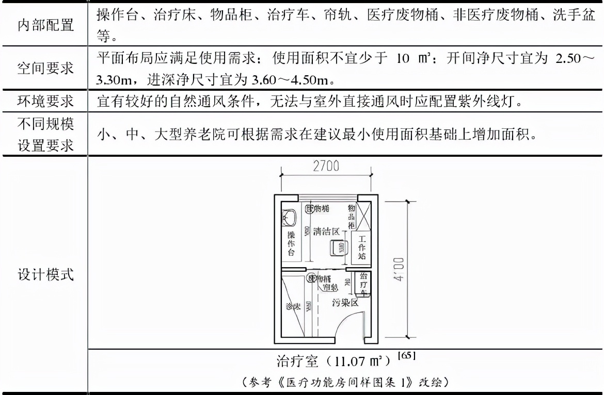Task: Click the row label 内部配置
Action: (x=45, y=25)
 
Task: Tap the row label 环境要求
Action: (x=45, y=102)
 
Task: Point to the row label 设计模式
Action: (x=45, y=274)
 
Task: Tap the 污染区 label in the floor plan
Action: (x=345, y=302)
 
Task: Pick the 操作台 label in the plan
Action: (x=291, y=243)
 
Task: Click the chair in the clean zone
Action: (x=339, y=248)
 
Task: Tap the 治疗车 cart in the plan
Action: (x=363, y=284)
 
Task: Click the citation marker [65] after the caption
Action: (x=407, y=355)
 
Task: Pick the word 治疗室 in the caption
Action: (x=298, y=360)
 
